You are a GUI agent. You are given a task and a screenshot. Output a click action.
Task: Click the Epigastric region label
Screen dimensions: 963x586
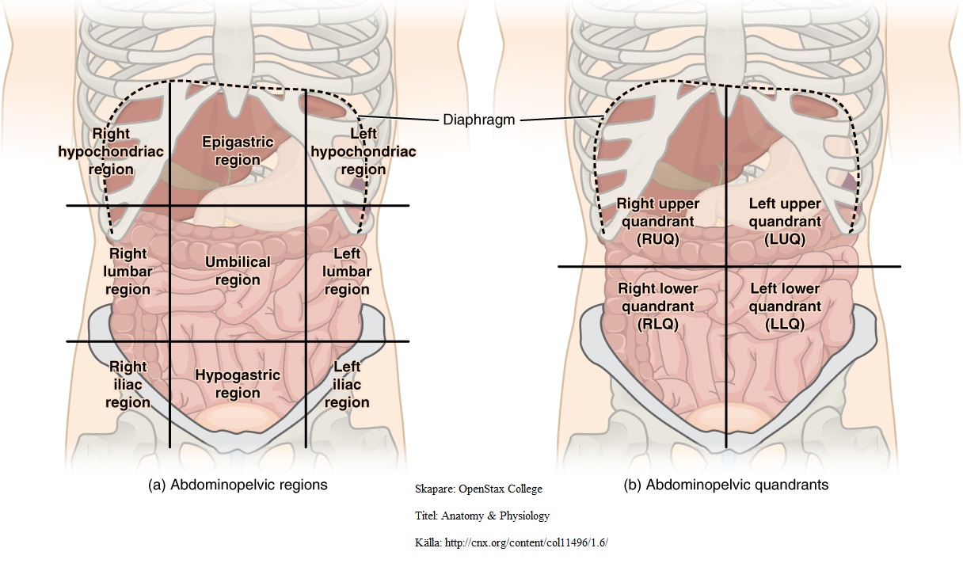coord(238,151)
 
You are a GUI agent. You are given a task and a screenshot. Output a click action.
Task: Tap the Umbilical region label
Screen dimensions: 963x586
coord(238,271)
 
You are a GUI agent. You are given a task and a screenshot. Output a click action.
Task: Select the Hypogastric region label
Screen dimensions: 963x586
coord(238,383)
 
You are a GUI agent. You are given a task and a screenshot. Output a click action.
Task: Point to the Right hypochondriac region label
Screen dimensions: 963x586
coord(111,151)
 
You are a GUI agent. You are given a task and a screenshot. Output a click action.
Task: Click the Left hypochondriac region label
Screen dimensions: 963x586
coord(364,151)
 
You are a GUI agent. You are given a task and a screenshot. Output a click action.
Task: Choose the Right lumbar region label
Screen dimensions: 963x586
coord(128,272)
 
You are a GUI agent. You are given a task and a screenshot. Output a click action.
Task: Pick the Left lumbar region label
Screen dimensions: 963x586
coord(347,272)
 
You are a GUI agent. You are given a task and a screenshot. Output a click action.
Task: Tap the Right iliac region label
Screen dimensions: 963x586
coord(128,384)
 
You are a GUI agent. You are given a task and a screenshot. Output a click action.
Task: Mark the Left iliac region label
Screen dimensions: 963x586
coord(347,384)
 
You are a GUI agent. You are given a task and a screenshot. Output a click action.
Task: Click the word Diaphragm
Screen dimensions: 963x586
coord(479,120)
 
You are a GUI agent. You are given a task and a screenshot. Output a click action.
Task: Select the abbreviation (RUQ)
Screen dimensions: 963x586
coord(658,239)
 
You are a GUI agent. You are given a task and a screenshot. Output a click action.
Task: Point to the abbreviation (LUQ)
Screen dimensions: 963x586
coord(785,239)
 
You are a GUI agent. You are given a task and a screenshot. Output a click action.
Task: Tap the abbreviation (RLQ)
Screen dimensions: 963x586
coord(658,324)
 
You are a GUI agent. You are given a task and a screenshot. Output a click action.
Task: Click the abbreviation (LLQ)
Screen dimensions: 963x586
coord(785,324)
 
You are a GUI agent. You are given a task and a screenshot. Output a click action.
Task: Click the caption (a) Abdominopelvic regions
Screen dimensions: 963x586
coord(238,485)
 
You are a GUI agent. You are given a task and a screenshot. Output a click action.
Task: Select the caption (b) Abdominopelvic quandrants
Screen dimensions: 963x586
coord(726,485)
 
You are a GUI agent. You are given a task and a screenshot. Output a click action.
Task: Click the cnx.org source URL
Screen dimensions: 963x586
coord(526,542)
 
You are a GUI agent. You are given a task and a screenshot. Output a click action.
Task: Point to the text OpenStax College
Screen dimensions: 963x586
coord(501,489)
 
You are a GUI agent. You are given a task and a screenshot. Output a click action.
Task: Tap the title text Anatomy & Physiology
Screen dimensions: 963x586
coord(495,516)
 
